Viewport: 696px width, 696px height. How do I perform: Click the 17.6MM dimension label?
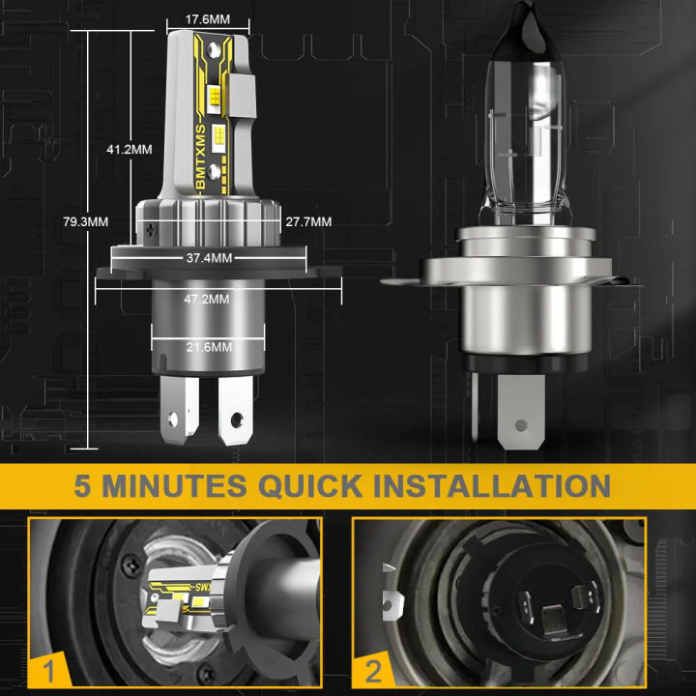coord(208,19)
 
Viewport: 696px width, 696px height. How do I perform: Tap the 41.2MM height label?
coord(130,149)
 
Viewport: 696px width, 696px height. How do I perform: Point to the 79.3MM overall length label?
coord(86,221)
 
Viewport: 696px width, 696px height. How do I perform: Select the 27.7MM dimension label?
coord(308,221)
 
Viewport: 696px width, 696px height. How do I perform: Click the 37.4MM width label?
coord(209,258)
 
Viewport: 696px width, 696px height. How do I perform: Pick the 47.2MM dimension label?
coord(207,299)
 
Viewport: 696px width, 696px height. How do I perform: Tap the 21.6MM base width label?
coord(209,347)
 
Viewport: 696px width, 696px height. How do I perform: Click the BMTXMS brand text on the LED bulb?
coord(201,158)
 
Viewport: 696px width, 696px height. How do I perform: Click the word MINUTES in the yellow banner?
coord(174,485)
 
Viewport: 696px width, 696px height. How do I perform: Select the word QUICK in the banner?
coord(310,485)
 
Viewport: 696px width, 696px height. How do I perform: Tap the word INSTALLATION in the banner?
coord(492,485)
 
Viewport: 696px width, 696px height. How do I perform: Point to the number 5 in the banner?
coord(82,485)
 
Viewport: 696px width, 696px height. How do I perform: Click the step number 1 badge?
coord(49,671)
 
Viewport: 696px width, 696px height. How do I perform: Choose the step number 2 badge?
coord(373,672)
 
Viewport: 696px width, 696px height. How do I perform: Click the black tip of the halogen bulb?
coord(529,27)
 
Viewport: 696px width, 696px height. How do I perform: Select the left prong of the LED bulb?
coord(180,410)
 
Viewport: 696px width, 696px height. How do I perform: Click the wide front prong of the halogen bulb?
coord(521,412)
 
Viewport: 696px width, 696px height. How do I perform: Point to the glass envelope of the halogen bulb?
coord(527,142)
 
